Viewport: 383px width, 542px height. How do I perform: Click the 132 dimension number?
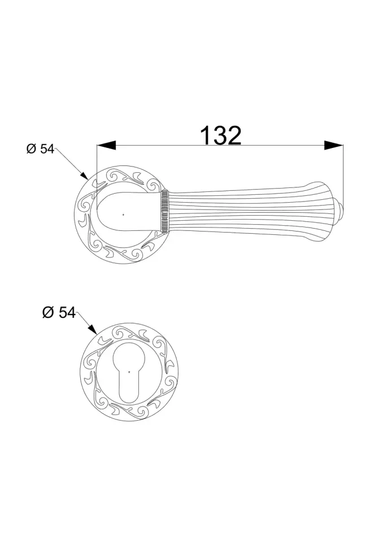(220, 135)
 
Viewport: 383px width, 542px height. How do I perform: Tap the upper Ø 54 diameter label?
(41, 149)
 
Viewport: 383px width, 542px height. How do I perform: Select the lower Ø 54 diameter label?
(59, 312)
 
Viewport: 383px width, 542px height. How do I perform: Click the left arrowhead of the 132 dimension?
(106, 145)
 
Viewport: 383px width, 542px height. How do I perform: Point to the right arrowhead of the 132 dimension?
(334, 145)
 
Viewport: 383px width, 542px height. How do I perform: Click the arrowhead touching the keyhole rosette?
(93, 330)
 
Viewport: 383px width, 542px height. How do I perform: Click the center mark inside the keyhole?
(129, 372)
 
